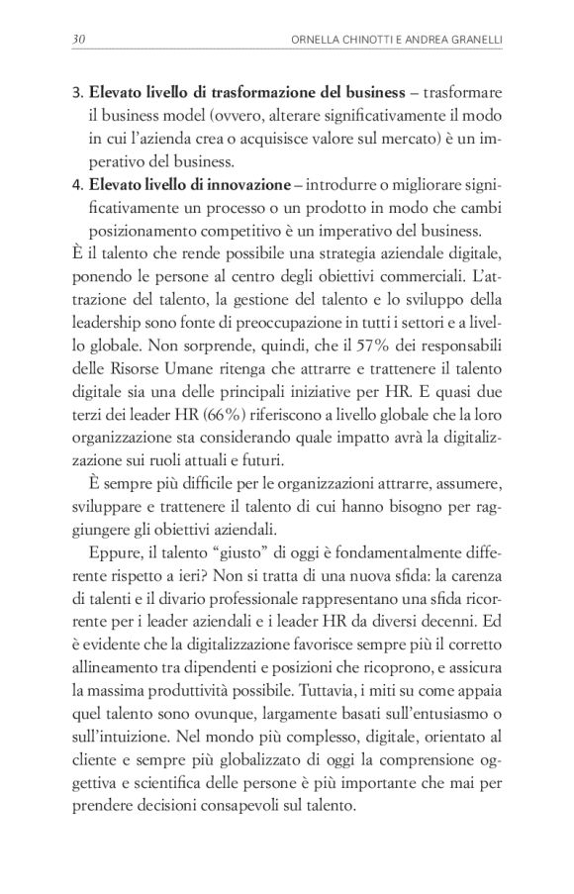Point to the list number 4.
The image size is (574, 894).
(77, 184)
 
